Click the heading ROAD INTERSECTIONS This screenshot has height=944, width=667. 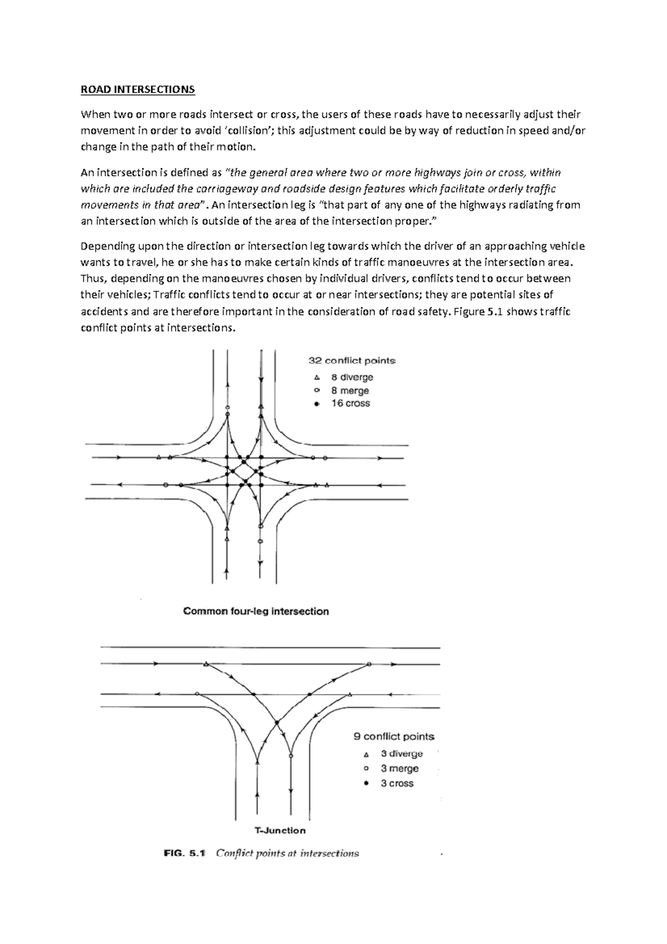point(138,90)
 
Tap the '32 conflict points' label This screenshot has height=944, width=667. point(352,360)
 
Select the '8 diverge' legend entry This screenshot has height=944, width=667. point(352,377)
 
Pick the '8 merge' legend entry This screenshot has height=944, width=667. point(350,391)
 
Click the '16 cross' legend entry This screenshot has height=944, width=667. point(350,403)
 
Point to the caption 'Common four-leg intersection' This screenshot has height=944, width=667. point(256,611)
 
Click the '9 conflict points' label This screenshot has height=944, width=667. point(394,737)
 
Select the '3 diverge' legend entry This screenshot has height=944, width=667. point(401,754)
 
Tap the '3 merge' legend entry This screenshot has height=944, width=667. point(399,769)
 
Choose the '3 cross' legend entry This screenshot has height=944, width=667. point(397,783)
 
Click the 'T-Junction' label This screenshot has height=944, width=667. point(280,831)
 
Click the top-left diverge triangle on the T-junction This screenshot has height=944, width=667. point(206,664)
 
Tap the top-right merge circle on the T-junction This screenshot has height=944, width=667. point(369,664)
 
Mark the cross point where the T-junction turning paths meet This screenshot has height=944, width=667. point(276,723)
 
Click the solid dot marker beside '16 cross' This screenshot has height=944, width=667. point(317,404)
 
